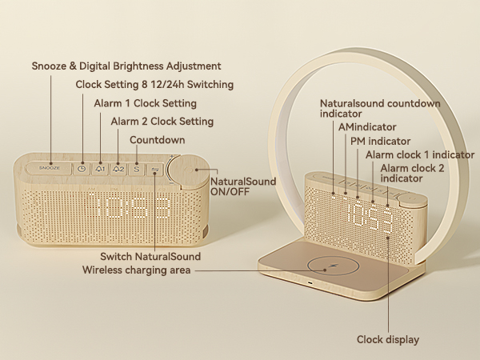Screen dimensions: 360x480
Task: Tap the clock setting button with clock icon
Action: pos(82,169)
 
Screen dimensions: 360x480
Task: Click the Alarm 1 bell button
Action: pos(100,169)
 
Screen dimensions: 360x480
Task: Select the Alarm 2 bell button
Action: pos(118,169)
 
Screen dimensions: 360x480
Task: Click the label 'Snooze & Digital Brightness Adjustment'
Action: pos(126,66)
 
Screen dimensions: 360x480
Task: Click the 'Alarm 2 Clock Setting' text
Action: pos(162,122)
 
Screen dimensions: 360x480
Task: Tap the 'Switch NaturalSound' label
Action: pos(150,257)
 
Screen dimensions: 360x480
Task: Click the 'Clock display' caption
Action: pos(388,340)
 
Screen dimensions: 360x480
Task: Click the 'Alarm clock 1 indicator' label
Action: pos(413,154)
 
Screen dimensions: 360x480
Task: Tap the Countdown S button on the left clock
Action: pos(136,169)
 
